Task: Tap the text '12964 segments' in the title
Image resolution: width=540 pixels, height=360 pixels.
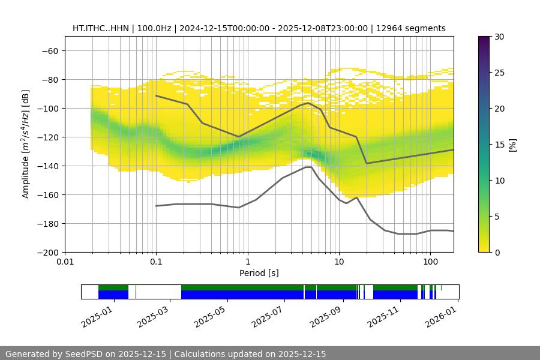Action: (x=415, y=28)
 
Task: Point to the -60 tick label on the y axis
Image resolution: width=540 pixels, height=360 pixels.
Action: (x=49, y=50)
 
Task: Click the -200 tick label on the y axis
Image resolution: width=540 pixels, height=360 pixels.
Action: (x=47, y=252)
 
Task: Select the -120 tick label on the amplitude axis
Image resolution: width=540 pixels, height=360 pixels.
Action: (x=47, y=137)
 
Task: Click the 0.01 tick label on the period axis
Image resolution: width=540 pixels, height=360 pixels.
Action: (x=65, y=262)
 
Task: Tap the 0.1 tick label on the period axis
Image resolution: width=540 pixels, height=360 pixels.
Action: (x=156, y=262)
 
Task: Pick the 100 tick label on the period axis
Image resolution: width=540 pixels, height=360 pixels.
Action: (x=430, y=262)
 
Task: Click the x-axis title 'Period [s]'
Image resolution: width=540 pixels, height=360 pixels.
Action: (x=259, y=273)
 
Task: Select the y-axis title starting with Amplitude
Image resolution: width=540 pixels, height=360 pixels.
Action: (x=26, y=145)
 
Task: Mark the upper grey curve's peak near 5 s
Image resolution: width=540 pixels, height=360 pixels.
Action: (x=308, y=103)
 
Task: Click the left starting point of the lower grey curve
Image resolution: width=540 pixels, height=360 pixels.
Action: (x=156, y=206)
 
